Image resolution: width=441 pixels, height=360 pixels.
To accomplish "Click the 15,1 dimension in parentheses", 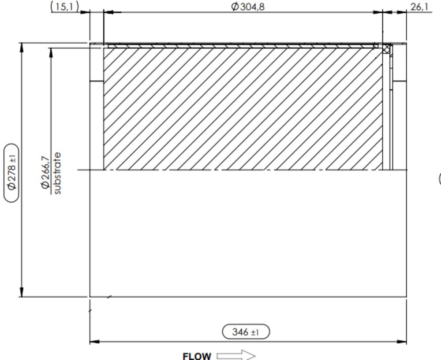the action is point(64,7).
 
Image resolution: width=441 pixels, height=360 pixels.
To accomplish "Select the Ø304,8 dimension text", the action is point(248,7).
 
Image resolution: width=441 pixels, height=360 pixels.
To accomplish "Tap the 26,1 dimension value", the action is point(419,7).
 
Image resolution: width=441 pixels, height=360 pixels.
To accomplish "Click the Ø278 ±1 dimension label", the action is point(11,173).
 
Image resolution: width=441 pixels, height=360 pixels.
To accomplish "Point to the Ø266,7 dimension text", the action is point(45,172).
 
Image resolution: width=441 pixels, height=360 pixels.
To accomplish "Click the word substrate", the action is point(56,173).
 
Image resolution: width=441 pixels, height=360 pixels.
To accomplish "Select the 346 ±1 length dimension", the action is point(246,332).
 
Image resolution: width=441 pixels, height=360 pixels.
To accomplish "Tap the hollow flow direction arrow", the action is point(236,356).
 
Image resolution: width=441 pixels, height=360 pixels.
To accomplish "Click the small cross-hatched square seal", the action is point(386,48).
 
